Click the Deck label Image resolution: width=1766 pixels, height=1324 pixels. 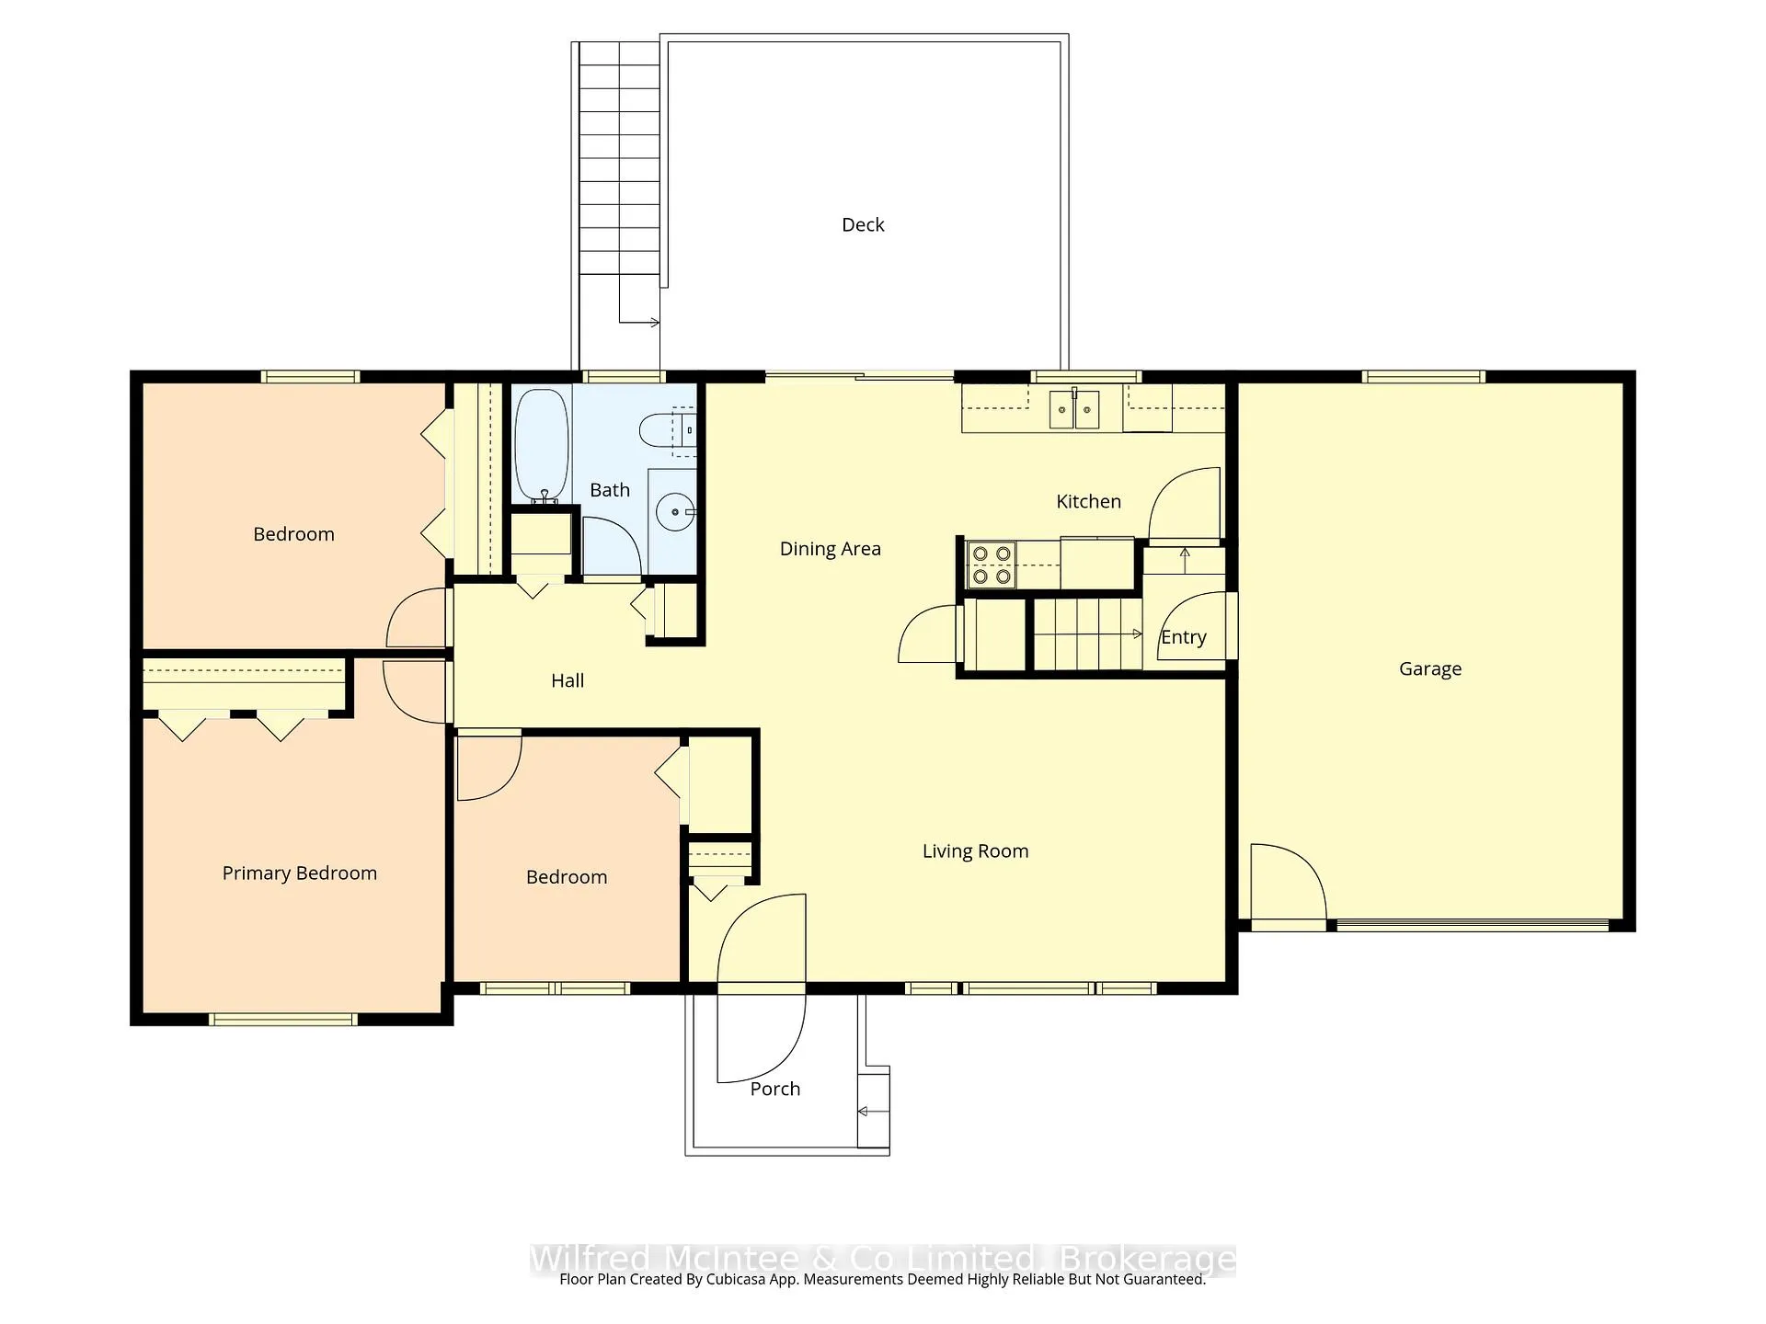863,225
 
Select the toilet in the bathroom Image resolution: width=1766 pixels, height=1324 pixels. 667,430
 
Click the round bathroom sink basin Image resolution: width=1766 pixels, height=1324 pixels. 677,510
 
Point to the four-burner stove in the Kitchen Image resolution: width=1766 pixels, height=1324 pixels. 991,565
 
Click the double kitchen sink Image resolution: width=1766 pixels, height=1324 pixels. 1074,409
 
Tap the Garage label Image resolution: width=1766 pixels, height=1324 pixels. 1429,669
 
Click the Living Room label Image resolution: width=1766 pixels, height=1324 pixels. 975,851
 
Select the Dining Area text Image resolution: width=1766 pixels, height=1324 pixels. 830,549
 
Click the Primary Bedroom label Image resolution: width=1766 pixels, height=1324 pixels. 299,873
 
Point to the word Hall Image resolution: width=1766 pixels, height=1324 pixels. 568,680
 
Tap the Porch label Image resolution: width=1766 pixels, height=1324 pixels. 774,1089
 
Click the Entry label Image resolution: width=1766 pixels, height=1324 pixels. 1184,637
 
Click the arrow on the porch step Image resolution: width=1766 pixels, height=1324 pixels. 874,1112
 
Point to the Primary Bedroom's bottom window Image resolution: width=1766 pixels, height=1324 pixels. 282,1019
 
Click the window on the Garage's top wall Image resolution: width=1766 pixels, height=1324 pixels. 1423,376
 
